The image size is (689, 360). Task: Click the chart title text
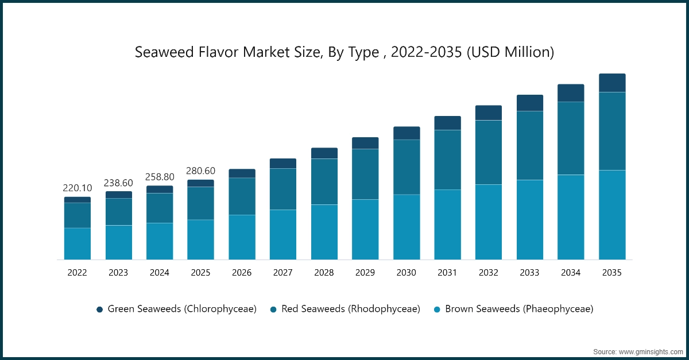[x=344, y=52]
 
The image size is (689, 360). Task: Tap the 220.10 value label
[x=77, y=188]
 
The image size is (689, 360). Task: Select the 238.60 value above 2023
[x=118, y=183]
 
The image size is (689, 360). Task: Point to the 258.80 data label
[x=160, y=177]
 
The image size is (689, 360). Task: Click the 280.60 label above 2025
[x=200, y=171]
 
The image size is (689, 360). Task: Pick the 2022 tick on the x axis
[x=77, y=273]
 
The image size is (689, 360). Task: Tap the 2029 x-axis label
[x=365, y=273]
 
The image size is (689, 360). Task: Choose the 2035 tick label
[x=612, y=273]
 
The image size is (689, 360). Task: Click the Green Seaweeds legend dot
[x=100, y=309]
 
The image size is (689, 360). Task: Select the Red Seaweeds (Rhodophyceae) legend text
[x=350, y=309]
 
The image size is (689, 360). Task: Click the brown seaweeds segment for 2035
[x=612, y=215]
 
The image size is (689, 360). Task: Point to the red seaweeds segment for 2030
[x=407, y=167]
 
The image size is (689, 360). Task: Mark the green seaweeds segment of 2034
[x=571, y=93]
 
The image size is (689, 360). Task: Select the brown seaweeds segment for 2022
[x=77, y=243]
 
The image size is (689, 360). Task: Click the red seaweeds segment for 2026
[x=242, y=196]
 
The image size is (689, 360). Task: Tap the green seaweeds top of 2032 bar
[x=489, y=113]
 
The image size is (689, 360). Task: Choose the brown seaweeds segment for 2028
[x=324, y=232]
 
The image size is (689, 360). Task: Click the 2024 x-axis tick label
[x=160, y=273]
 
